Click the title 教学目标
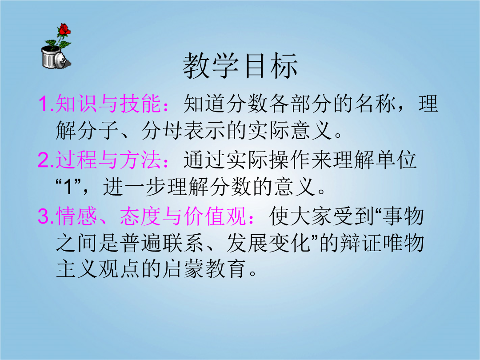pos(240,66)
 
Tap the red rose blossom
pos(64,29)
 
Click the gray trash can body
pos(49,57)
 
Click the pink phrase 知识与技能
pos(108,104)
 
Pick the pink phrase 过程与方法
pos(108,160)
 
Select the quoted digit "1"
pos(68,187)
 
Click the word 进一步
pos(135,187)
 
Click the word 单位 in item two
pos(396,160)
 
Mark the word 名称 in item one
pos(375,104)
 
